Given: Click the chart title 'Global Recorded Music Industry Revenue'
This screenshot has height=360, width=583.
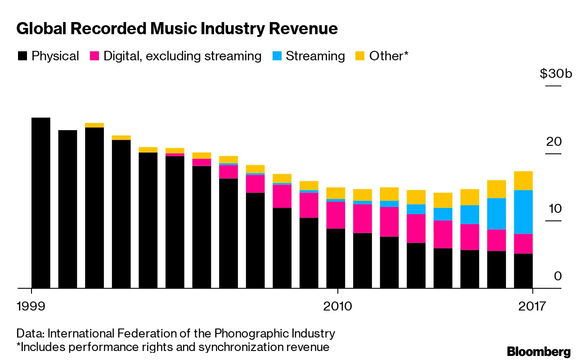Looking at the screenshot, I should click(177, 29).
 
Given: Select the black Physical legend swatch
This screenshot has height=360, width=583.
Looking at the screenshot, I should click(22, 56).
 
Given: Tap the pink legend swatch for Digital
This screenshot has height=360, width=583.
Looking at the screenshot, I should click(94, 56).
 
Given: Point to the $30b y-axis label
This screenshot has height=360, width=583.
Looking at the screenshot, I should click(556, 73).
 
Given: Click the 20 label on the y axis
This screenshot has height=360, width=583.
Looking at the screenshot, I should click(554, 142).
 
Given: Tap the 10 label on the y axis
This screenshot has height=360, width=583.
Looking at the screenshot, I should click(554, 209).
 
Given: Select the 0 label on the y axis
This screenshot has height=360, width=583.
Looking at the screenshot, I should click(558, 275).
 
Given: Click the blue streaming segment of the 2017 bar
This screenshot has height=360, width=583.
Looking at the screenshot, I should click(523, 211).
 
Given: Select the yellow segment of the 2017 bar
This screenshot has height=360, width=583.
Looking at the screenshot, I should click(523, 180).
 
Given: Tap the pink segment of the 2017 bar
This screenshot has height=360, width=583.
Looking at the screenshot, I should click(523, 243).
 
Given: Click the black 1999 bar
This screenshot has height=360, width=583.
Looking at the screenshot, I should click(40, 202).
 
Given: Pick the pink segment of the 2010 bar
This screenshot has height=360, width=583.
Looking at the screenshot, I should click(336, 215).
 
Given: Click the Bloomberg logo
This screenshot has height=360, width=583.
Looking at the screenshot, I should click(538, 351).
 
